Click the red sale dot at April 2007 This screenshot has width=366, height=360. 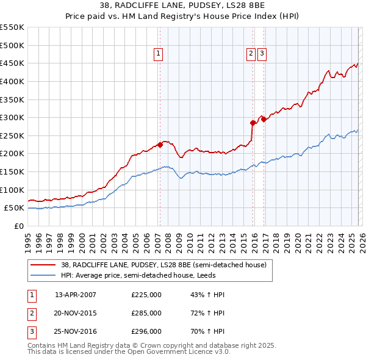coord(160,145)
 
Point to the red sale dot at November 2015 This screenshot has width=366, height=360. coord(253,123)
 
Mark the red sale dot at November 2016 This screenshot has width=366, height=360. coord(264,119)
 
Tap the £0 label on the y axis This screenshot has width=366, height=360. coord(18,226)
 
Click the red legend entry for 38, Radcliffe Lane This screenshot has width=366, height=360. coord(163,265)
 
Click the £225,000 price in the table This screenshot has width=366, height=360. coord(146,295)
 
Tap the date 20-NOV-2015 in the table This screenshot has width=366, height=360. coord(76,313)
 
